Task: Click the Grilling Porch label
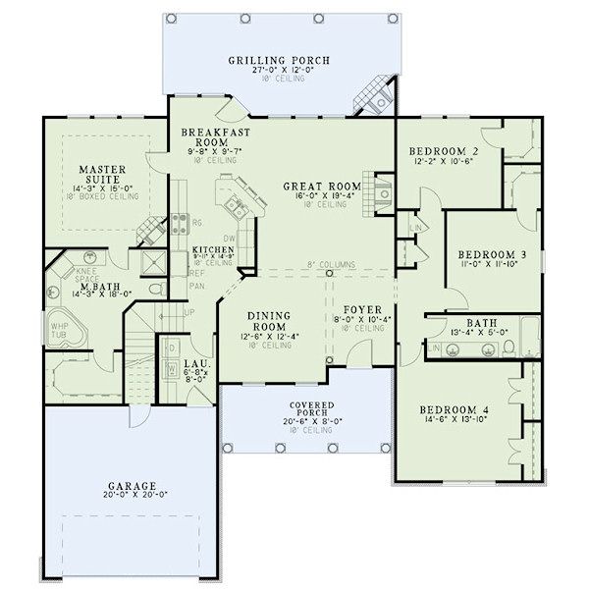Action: (x=279, y=60)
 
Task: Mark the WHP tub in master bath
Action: (x=59, y=329)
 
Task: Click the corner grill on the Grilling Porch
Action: (x=372, y=94)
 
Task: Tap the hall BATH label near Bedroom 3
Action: (x=482, y=321)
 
